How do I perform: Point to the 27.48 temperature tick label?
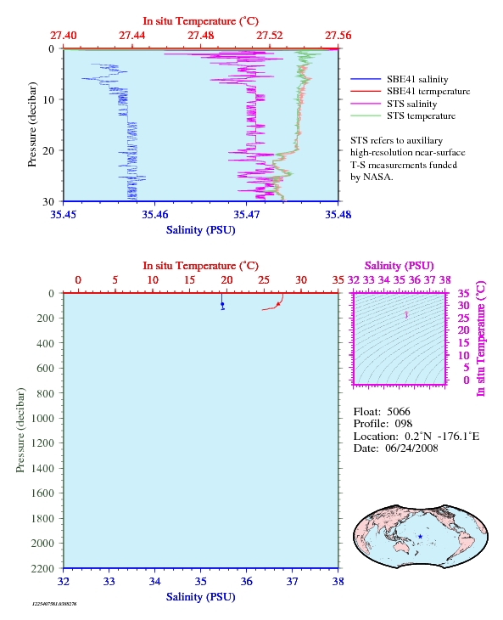click(200, 36)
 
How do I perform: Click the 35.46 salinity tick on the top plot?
click(154, 214)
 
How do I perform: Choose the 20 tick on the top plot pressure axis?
click(48, 150)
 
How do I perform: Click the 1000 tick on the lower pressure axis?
click(42, 419)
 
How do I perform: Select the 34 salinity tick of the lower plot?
click(154, 581)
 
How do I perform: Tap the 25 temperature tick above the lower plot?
click(264, 280)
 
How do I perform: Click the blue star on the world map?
click(420, 537)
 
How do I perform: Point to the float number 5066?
click(399, 412)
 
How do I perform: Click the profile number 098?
click(404, 424)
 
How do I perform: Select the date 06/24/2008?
click(411, 448)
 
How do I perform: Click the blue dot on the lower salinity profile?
click(222, 304)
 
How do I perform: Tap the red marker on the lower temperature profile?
click(278, 304)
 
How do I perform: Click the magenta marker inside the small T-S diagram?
click(406, 314)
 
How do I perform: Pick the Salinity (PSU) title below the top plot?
click(200, 230)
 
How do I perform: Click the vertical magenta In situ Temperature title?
click(480, 339)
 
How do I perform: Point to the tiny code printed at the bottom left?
click(54, 604)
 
